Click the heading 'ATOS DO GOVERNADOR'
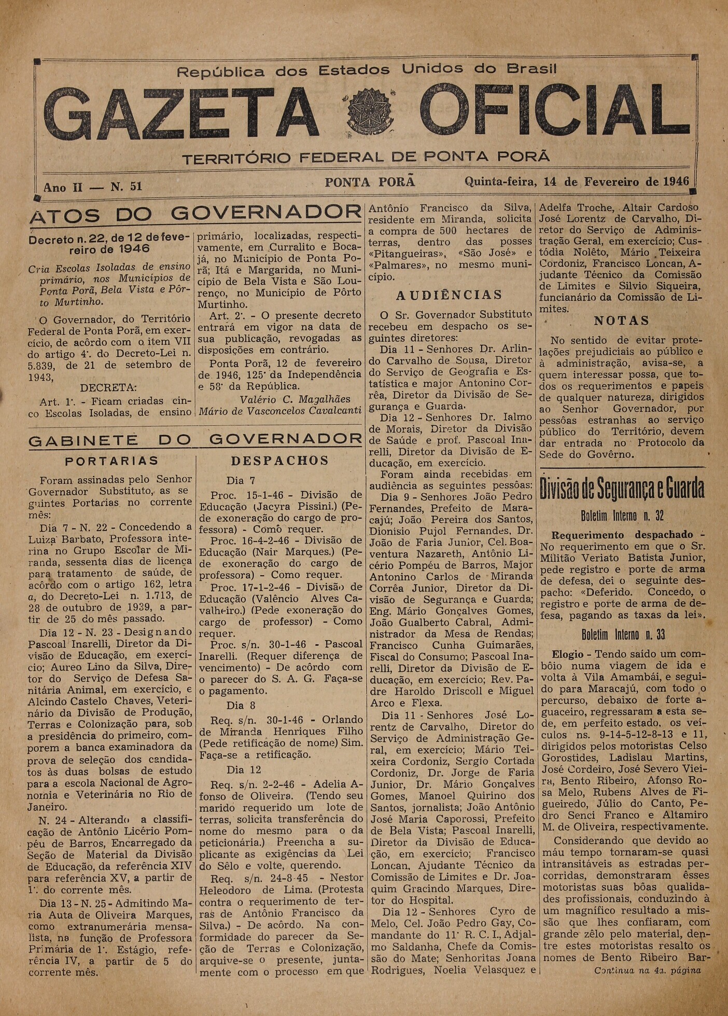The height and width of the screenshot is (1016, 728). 195,213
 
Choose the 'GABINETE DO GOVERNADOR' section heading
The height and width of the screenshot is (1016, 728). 195,440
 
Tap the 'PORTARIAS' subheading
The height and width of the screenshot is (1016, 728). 112,461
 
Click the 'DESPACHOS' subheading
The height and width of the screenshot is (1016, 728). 279,461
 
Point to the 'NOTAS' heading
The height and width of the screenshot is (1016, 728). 621,321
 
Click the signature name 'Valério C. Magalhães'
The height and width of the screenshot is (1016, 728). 295,399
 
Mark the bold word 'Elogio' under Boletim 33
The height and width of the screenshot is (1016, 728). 567,655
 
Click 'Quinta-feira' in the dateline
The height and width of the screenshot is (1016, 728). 500,182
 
